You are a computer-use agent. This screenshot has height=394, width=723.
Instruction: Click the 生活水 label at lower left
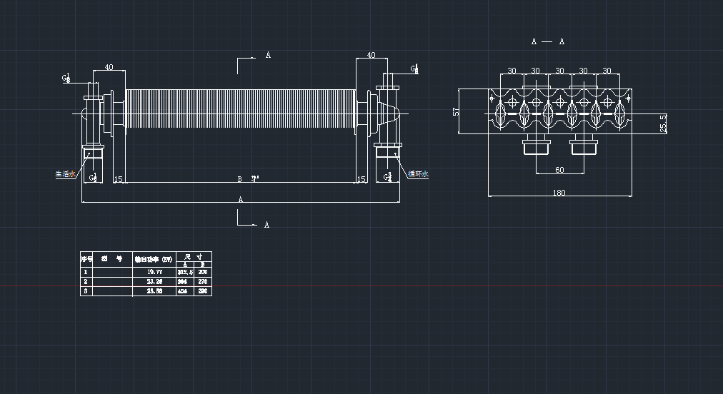coord(65,173)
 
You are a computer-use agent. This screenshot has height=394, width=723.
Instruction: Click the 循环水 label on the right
coord(418,173)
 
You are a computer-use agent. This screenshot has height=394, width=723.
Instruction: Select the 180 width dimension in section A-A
coord(559,193)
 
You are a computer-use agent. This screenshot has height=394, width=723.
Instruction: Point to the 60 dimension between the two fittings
coord(559,170)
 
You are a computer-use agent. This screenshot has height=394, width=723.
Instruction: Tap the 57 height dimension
coord(456,111)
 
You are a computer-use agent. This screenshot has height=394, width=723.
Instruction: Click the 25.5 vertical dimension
coord(663,123)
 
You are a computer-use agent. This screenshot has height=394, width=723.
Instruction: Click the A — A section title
coord(548,41)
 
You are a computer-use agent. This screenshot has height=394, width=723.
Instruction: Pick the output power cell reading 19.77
coord(154,272)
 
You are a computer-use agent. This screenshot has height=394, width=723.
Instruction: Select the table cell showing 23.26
coord(154,281)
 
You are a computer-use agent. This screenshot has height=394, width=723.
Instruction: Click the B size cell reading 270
coord(202,281)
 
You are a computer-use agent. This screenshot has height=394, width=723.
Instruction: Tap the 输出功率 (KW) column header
coord(154,259)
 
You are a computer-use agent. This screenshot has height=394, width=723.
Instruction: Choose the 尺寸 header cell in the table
coord(194,256)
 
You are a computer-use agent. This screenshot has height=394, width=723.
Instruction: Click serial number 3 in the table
coord(86,291)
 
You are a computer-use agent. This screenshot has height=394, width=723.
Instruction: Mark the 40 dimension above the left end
coord(109,67)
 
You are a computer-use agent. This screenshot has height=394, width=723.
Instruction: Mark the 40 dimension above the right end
coord(371,55)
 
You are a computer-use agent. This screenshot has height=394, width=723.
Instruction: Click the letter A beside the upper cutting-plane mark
coord(268,55)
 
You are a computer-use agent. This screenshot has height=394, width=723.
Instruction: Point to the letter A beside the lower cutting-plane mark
coord(267,225)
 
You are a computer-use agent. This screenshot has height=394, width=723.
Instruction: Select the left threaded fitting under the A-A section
coord(536,147)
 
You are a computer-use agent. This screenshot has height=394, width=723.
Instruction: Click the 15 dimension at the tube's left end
coord(119,179)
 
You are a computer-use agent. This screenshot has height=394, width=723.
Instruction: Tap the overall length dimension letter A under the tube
coord(241,200)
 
